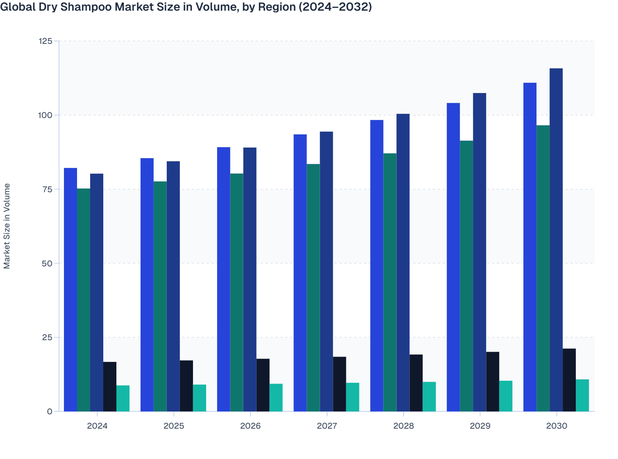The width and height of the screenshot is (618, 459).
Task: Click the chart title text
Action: pos(186,7)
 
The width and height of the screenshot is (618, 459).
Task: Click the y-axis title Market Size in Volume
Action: pos(7,226)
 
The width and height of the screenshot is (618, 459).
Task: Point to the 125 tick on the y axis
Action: pos(45,41)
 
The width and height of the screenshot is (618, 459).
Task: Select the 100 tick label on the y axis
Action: pos(45,115)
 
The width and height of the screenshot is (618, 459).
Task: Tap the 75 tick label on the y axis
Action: pos(47,189)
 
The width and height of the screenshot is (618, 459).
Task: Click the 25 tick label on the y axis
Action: pos(47,337)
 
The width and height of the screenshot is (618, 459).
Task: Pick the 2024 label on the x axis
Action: pos(97,426)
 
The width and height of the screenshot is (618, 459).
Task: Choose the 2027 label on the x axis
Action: pos(327,426)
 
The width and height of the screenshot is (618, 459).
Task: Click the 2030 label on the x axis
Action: pos(557,426)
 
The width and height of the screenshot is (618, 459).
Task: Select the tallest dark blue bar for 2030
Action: pos(556,240)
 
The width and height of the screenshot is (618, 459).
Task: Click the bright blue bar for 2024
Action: pos(70,289)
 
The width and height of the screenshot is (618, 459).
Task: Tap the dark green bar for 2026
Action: pos(236,292)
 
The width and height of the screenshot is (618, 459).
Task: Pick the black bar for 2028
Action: pos(416,383)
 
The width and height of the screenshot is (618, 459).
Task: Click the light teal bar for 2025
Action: pos(200,398)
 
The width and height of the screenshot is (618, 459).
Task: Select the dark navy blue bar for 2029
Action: pos(479,252)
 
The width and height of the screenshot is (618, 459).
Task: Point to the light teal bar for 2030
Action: pos(582,395)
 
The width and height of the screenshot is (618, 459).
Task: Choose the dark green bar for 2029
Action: pos(466,276)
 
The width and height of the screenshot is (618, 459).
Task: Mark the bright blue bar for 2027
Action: pos(300,273)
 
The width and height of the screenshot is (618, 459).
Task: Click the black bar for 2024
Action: pos(110,386)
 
